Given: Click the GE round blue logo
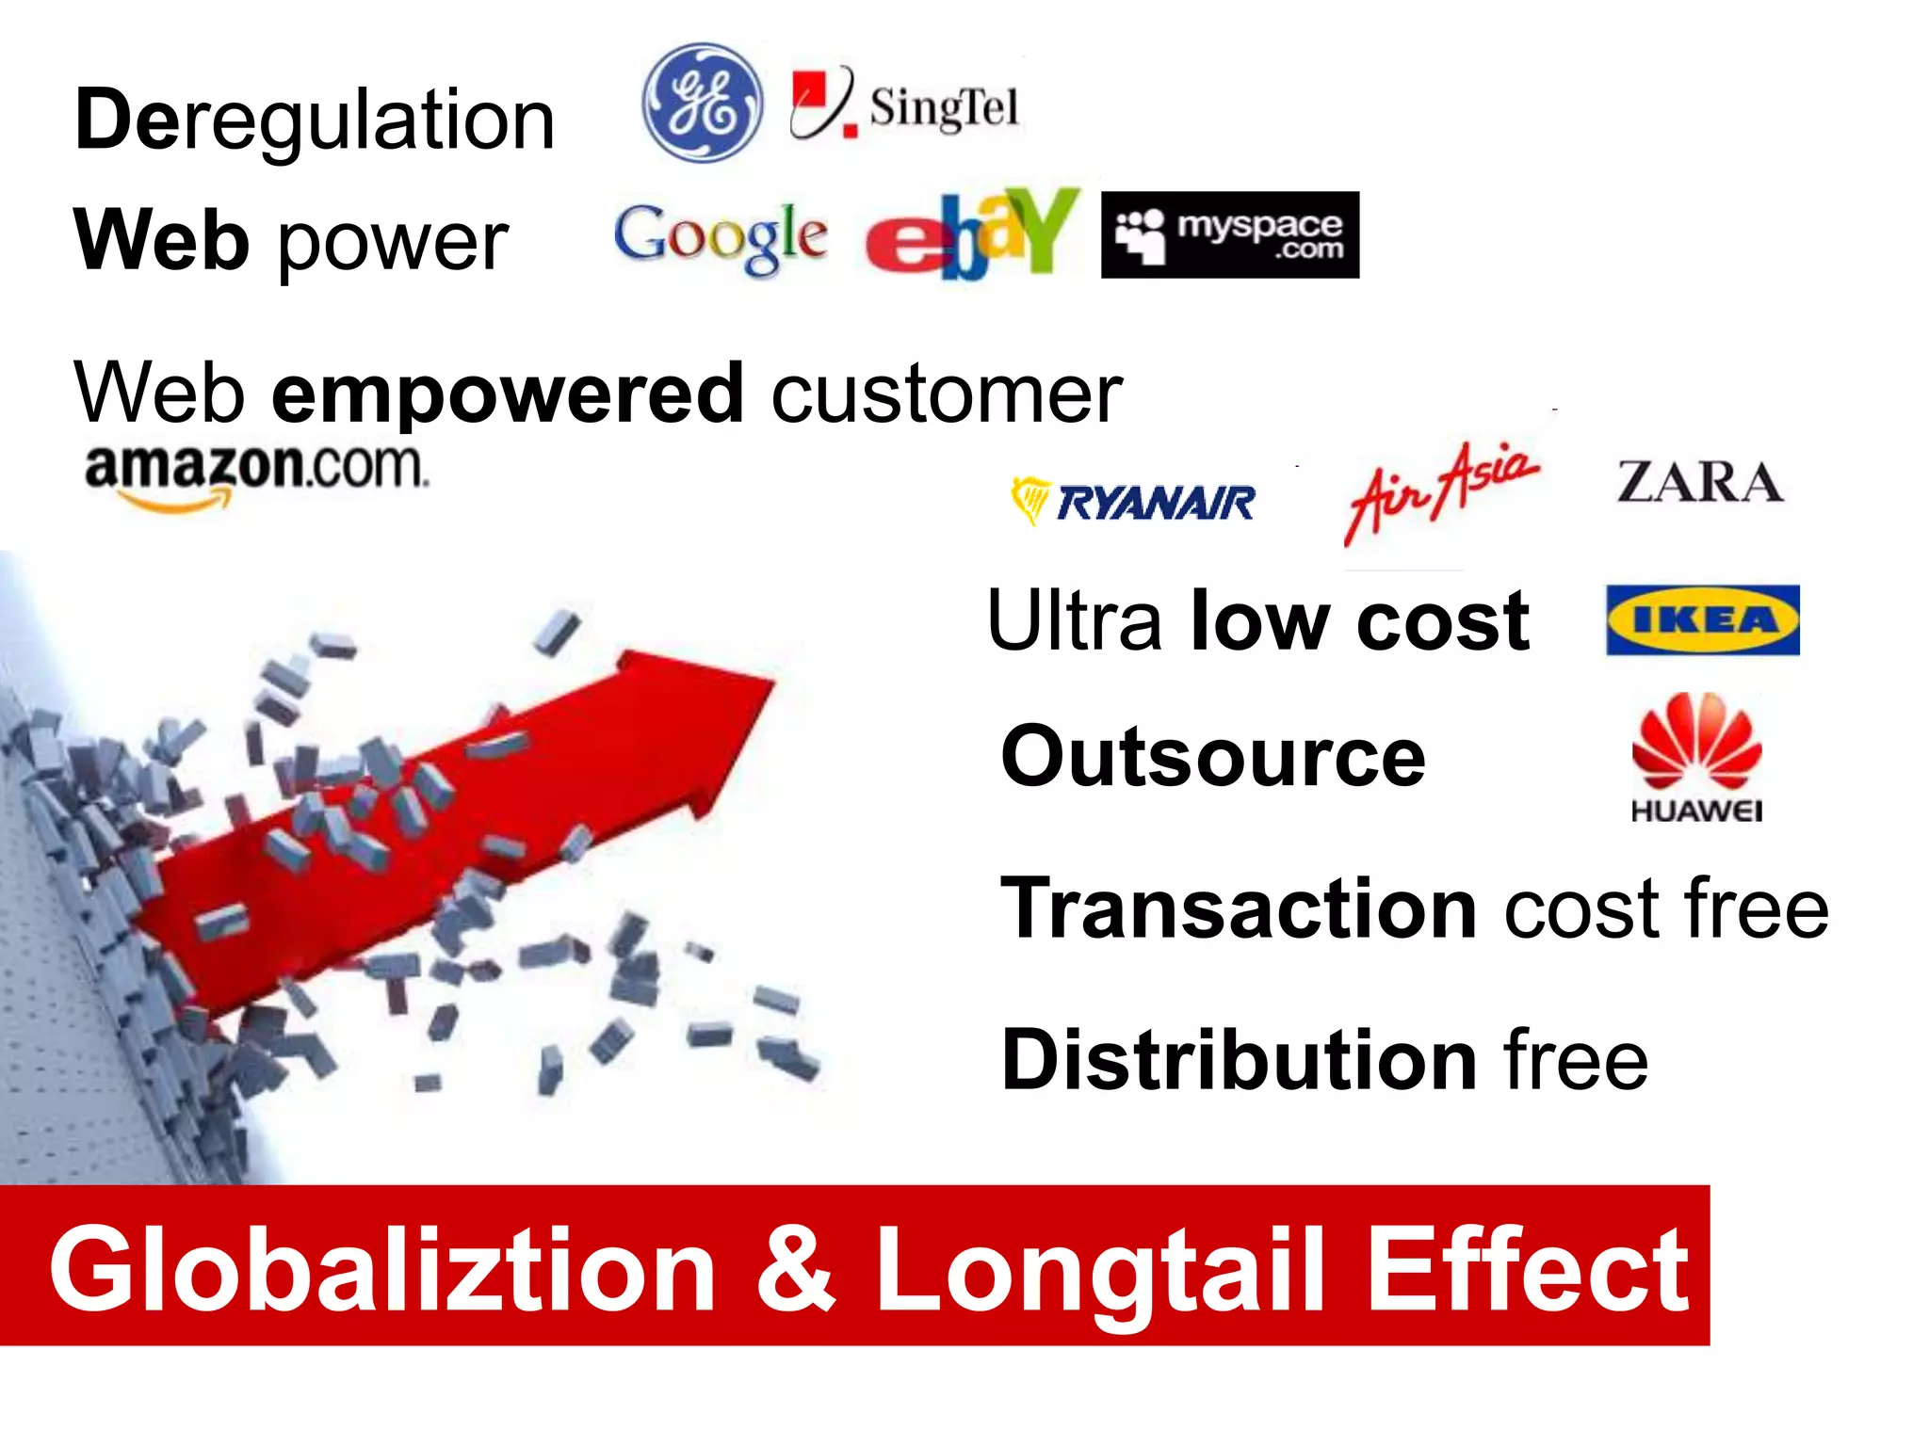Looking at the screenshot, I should coord(702,103).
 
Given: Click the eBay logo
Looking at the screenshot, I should coord(973,235).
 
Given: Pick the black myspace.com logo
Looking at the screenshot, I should coord(1229,234).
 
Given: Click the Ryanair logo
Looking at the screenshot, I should coord(1133,501).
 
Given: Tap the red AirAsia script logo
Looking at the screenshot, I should coord(1441,490).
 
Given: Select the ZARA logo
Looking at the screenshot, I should coord(1700,482).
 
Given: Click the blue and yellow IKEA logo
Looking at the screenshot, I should coord(1702,619).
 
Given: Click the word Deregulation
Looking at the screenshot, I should coord(315,120).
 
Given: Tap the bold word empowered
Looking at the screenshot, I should coord(508,393).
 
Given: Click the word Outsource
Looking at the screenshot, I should coord(1213,757).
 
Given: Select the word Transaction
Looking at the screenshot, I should coord(1239,908).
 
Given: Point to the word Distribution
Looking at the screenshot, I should coord(1239,1060).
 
